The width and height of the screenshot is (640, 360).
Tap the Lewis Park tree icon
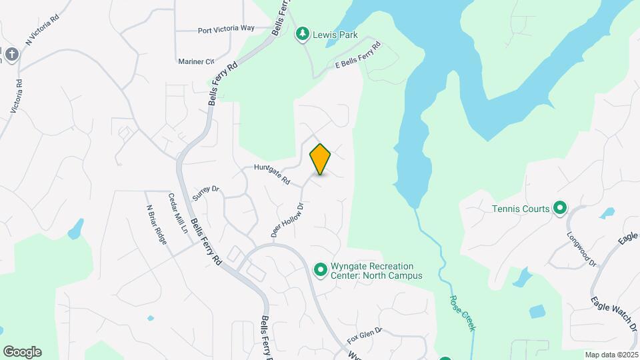303,34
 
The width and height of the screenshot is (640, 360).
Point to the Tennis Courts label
521,209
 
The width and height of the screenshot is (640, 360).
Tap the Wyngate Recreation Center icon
320,270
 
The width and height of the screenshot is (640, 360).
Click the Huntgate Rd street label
272,175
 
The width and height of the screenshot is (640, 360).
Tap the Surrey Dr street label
205,193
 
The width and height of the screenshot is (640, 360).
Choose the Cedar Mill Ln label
178,213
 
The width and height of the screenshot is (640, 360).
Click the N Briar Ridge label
156,223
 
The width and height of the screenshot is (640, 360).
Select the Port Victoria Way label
226,29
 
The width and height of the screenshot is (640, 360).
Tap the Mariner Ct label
195,61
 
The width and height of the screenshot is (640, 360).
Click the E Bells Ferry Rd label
357,56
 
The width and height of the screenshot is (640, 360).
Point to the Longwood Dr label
582,249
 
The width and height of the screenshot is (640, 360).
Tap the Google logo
22,351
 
